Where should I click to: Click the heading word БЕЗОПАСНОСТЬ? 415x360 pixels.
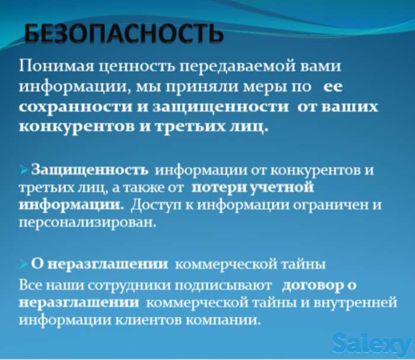click(x=123, y=34)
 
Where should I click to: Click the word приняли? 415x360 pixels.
click(x=217, y=87)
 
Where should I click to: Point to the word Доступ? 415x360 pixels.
click(x=158, y=205)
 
